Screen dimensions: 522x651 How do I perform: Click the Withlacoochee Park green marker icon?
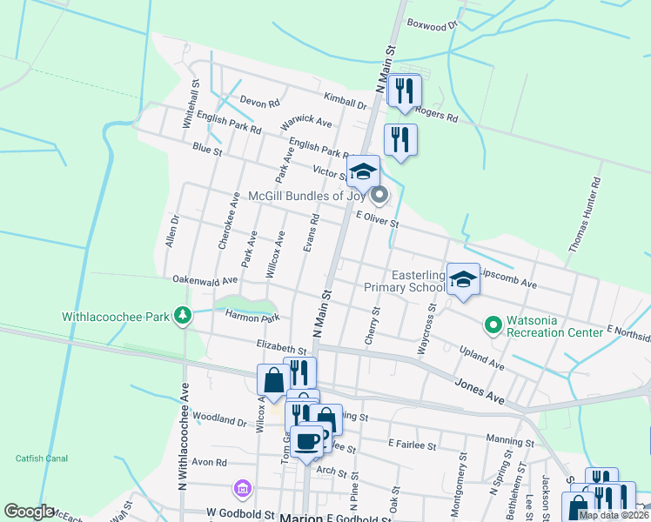point(182,315)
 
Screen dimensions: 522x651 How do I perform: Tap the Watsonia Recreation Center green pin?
point(493,325)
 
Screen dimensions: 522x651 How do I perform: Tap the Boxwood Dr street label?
point(432,25)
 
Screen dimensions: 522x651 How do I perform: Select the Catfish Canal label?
point(41,458)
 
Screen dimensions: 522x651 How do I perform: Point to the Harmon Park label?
point(252,318)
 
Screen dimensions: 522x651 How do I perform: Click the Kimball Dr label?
point(345,103)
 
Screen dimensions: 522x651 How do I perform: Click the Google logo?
point(28,512)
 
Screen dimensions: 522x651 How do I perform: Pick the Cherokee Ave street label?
point(228,221)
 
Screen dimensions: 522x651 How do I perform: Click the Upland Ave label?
point(482,356)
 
